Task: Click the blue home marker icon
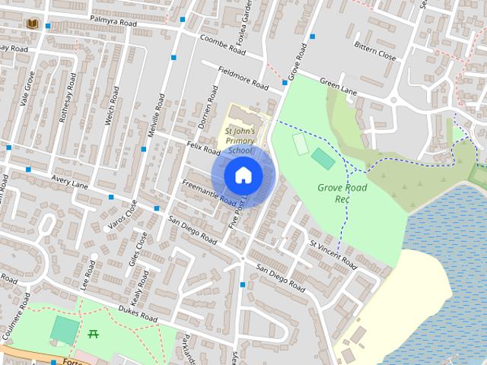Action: [243, 175]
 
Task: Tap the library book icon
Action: [32, 24]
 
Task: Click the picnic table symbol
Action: [94, 333]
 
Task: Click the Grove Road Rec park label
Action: [342, 193]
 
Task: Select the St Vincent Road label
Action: [333, 255]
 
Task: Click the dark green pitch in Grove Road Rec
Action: [323, 159]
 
